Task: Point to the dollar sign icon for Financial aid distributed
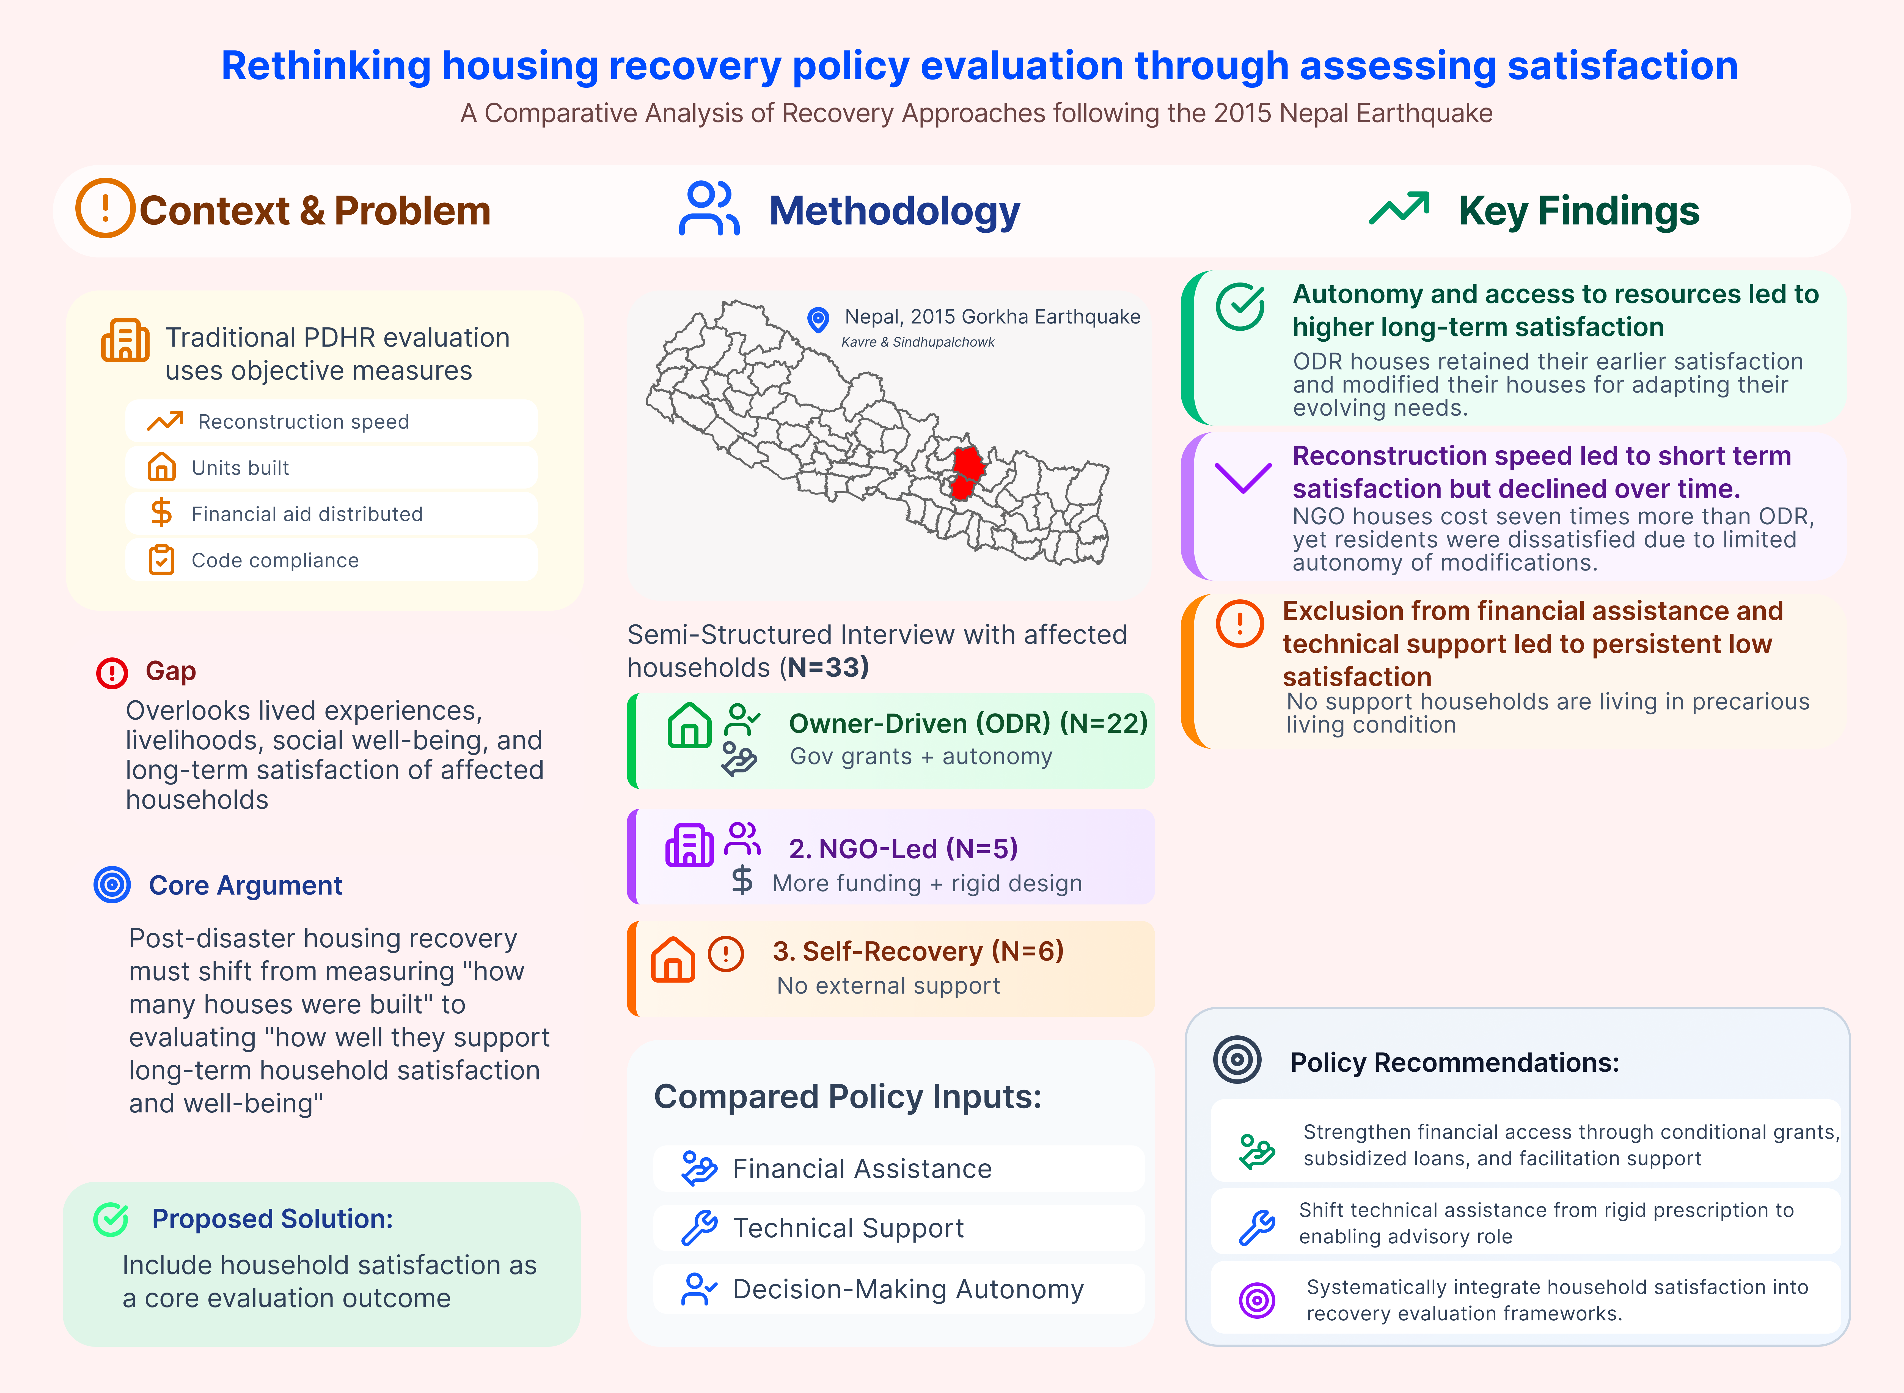pyautogui.click(x=161, y=513)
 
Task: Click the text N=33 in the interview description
pyautogui.click(x=824, y=667)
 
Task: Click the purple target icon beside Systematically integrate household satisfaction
pyautogui.click(x=1257, y=1299)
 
